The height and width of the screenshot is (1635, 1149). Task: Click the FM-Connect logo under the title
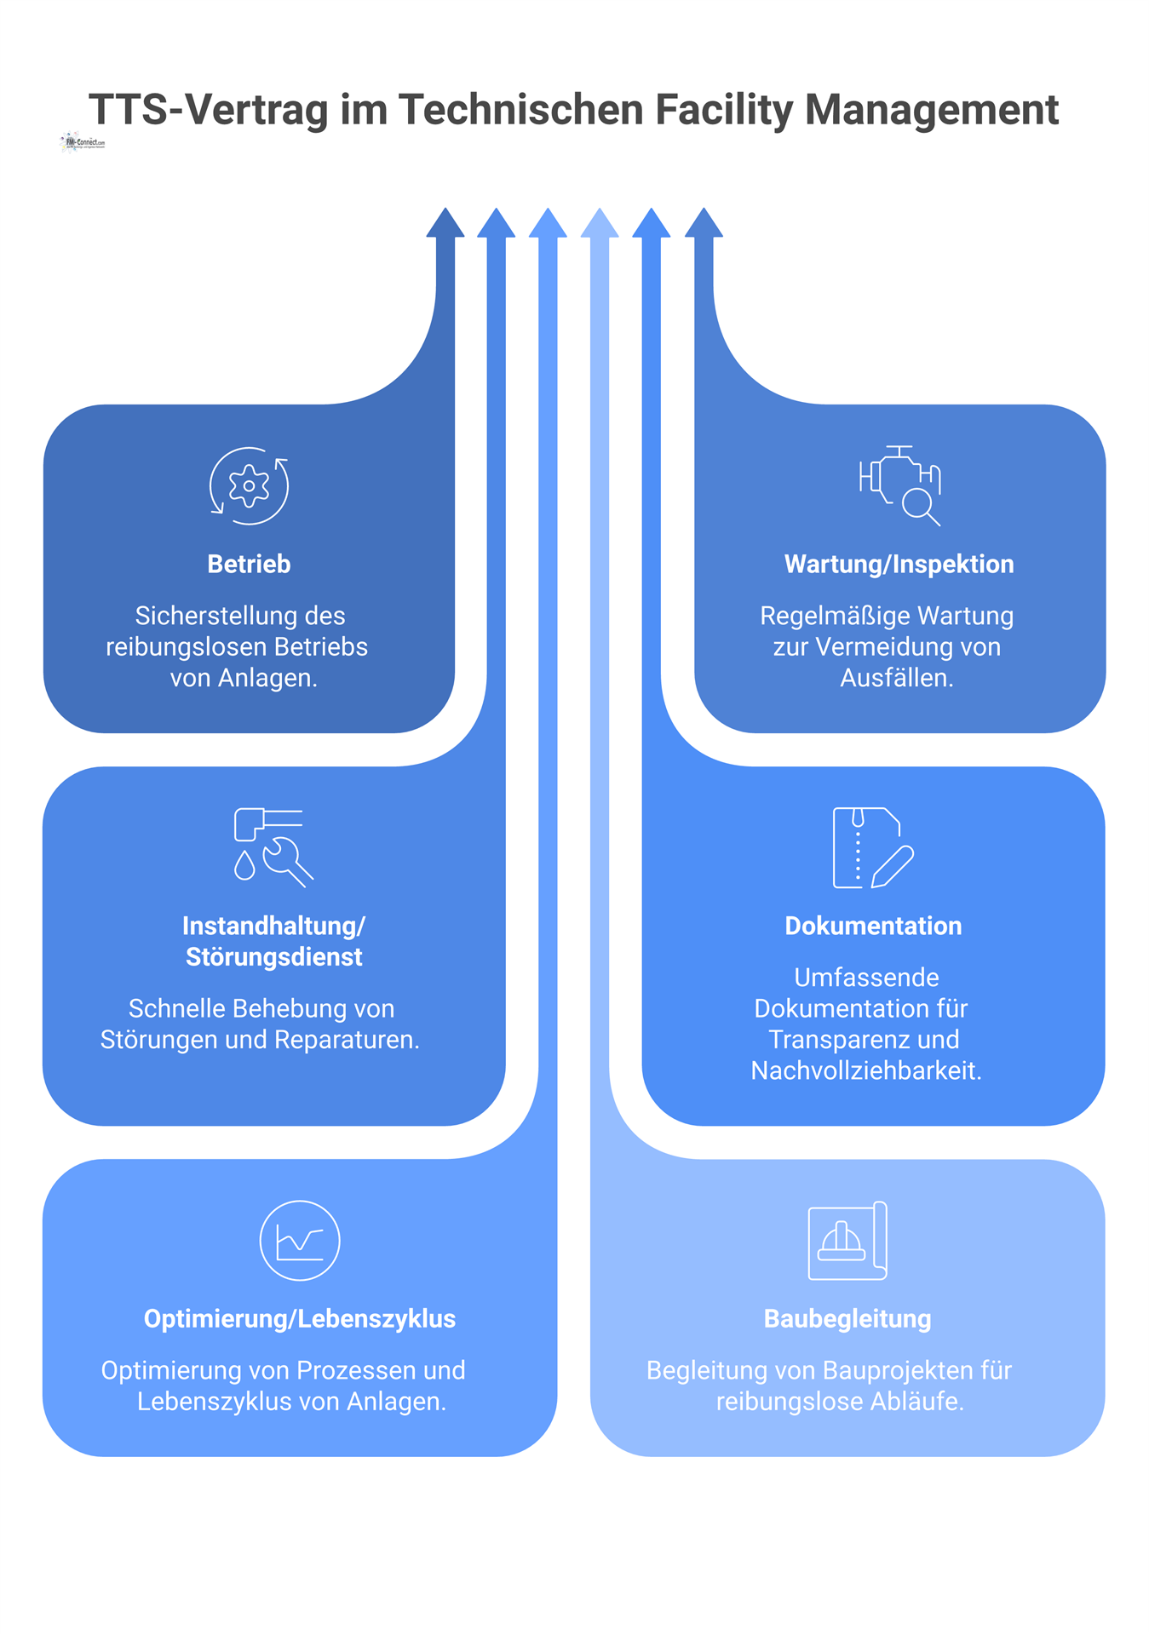(x=83, y=142)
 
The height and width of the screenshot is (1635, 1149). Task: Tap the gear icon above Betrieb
(x=249, y=486)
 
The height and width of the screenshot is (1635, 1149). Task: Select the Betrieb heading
(x=249, y=564)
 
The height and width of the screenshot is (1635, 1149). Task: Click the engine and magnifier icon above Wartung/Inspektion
(x=900, y=485)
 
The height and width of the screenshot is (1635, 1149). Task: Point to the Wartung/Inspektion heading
(x=899, y=564)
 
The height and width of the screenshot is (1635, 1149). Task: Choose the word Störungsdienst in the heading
(x=274, y=957)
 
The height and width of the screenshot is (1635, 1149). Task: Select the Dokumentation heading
(x=873, y=926)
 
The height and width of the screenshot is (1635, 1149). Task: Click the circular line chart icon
(x=300, y=1241)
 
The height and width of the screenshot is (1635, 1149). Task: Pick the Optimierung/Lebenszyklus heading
(x=300, y=1318)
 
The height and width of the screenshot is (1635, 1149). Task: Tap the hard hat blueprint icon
(x=847, y=1241)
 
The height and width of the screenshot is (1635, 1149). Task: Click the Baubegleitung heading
(x=847, y=1318)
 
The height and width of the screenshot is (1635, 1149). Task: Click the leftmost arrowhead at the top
(x=445, y=224)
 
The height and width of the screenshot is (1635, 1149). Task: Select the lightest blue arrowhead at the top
(x=600, y=224)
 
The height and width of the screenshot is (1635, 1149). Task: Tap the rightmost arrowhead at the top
(x=704, y=224)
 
